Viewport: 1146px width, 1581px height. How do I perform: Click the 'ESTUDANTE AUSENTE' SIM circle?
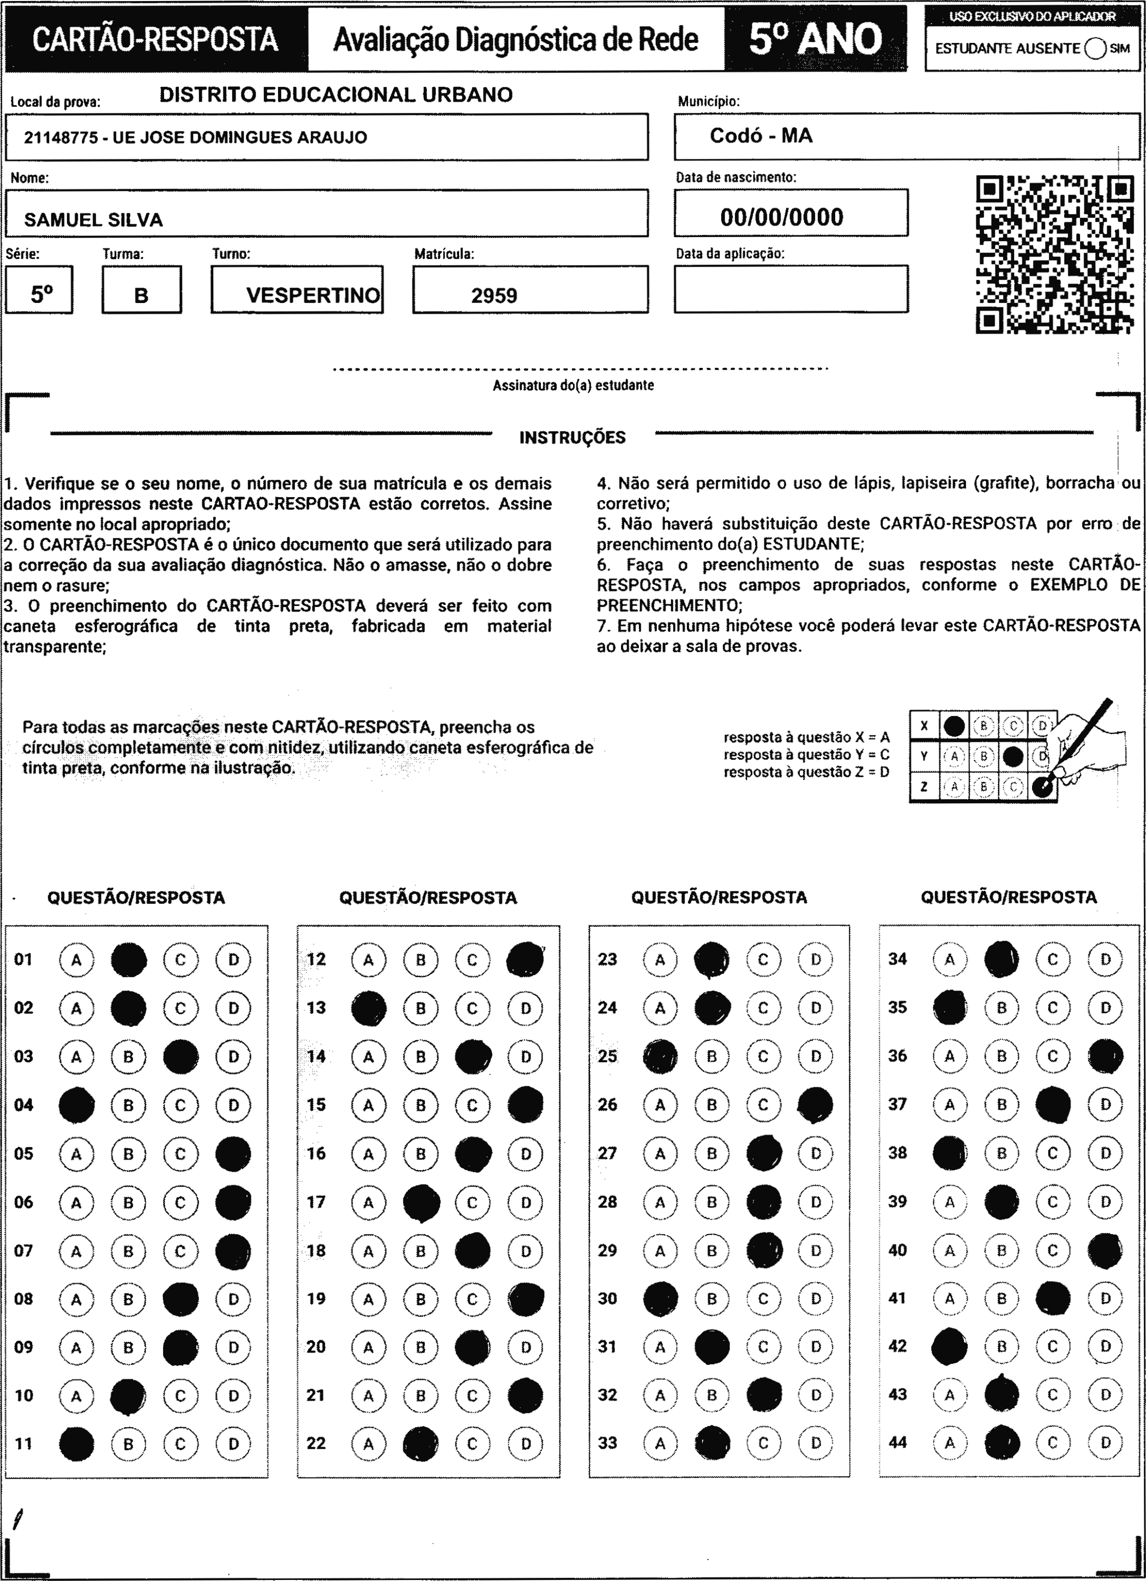coord(1095,49)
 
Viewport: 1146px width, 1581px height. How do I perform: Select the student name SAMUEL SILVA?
coord(94,220)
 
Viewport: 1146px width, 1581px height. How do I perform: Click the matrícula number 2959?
coord(494,295)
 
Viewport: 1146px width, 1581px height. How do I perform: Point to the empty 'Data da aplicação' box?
coord(790,289)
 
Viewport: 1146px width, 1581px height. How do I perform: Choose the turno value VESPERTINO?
coord(312,295)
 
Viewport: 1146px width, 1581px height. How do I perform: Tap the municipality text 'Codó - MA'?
coord(761,136)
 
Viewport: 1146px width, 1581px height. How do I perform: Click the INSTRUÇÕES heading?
coord(572,438)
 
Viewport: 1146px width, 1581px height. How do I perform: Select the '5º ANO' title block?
coord(815,39)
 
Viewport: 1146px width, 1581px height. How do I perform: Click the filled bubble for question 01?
coord(129,960)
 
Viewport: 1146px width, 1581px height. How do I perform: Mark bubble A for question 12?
coord(368,960)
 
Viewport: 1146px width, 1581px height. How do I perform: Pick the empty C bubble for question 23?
coord(763,960)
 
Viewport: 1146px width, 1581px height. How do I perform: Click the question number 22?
coord(316,1443)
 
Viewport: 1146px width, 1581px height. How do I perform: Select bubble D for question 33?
coord(815,1443)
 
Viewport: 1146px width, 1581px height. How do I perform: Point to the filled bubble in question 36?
coord(1106,1056)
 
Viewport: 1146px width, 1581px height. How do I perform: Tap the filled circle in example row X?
coord(953,726)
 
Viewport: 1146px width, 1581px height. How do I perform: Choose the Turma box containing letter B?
coord(142,290)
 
